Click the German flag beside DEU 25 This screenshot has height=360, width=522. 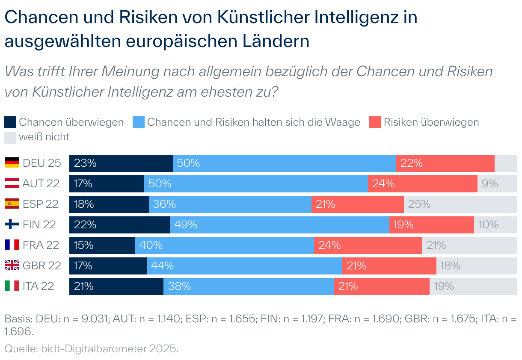pyautogui.click(x=12, y=163)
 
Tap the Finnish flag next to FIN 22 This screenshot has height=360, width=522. pyautogui.click(x=12, y=224)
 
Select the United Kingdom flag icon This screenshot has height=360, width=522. pyautogui.click(x=12, y=266)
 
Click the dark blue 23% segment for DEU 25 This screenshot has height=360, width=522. pyautogui.click(x=121, y=163)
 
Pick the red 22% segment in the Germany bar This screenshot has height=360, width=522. pyautogui.click(x=445, y=163)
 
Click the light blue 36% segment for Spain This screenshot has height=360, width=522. pyautogui.click(x=230, y=204)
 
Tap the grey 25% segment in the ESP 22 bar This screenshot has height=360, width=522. pyautogui.click(x=460, y=204)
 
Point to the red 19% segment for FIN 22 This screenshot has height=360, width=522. pyautogui.click(x=431, y=224)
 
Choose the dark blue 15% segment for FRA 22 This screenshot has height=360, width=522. pyautogui.click(x=102, y=245)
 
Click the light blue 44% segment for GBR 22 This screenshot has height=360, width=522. pyautogui.click(x=244, y=266)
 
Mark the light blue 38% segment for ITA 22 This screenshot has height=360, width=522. pyautogui.click(x=248, y=286)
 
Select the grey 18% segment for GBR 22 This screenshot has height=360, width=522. pyautogui.click(x=477, y=266)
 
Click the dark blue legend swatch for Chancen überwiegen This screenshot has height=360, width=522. pyautogui.click(x=10, y=122)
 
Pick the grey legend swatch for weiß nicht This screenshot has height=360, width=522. pyautogui.click(x=10, y=137)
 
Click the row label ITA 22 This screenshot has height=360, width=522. pyautogui.click(x=39, y=286)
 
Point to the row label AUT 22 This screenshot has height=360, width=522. pyautogui.click(x=41, y=183)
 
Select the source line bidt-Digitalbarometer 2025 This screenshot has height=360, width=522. pyautogui.click(x=109, y=348)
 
